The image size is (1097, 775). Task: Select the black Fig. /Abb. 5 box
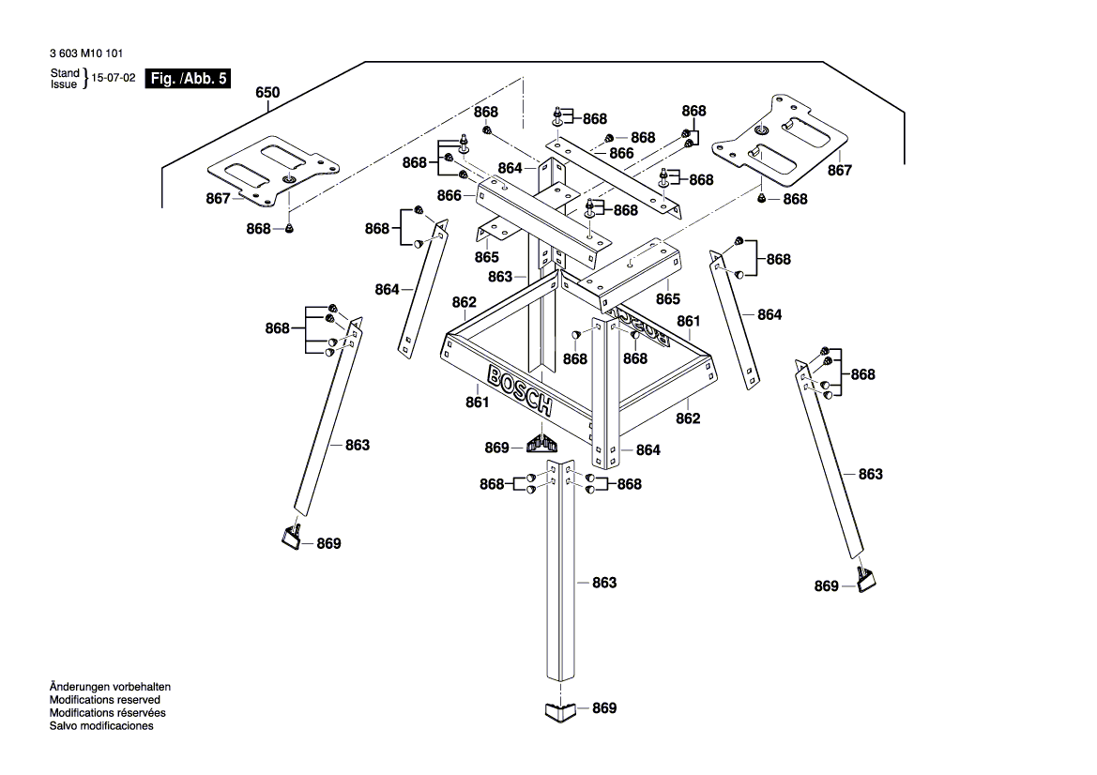(x=188, y=79)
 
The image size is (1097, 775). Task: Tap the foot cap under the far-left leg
(x=290, y=536)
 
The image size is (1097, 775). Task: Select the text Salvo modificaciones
(x=101, y=726)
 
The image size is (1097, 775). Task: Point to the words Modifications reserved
(x=104, y=700)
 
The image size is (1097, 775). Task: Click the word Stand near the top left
(x=65, y=72)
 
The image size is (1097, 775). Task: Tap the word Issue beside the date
(x=65, y=84)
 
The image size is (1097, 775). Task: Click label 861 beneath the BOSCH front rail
(x=477, y=403)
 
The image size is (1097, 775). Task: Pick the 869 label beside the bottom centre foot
(x=604, y=708)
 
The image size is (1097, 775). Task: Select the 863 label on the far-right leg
(x=870, y=475)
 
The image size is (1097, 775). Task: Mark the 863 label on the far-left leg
(x=357, y=445)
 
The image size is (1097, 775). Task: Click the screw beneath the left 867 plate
(x=289, y=228)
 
